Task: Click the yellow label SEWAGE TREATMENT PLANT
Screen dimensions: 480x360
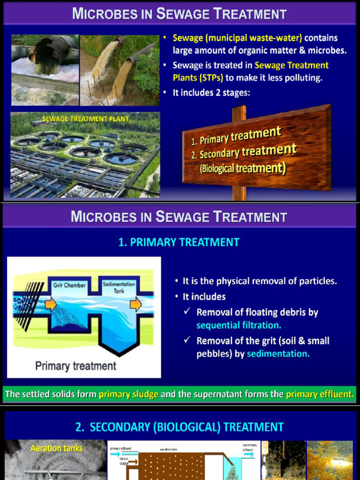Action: tap(85, 119)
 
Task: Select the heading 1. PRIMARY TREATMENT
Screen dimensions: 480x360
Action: tap(179, 242)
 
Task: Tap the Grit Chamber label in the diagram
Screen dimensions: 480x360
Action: tap(69, 285)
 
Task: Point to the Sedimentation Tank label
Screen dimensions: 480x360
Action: tap(119, 287)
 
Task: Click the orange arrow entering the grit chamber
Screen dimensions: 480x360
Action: tap(51, 305)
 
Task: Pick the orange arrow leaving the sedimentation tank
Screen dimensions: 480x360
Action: tap(136, 305)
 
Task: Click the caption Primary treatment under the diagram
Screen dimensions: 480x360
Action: tap(75, 366)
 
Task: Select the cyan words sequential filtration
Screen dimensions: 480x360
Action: tap(239, 325)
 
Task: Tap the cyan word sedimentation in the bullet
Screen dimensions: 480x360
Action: tap(278, 353)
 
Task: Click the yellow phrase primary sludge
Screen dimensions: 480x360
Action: tap(128, 394)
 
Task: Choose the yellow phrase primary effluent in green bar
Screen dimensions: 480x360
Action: tap(319, 394)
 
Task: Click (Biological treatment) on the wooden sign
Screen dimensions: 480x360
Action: tap(243, 168)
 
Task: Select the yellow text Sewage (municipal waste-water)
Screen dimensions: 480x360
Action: tap(237, 38)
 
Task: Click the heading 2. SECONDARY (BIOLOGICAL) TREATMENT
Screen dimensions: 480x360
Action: tap(180, 427)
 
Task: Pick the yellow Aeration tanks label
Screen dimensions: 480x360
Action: tap(56, 448)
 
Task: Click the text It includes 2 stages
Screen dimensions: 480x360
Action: tap(211, 93)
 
